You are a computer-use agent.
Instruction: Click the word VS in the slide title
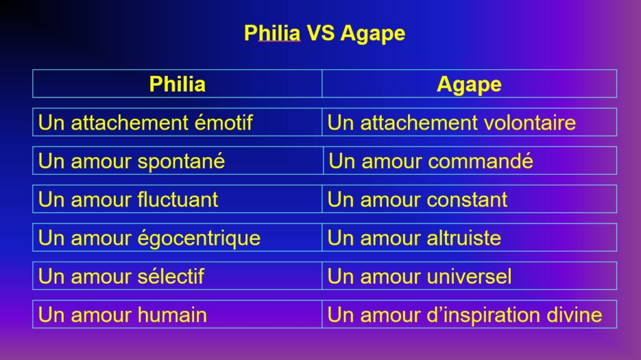(x=320, y=33)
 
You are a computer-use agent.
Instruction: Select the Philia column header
(x=177, y=85)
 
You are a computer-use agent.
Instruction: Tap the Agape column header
(x=469, y=85)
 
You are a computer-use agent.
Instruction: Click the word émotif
(x=223, y=122)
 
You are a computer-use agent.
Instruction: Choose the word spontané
(x=181, y=162)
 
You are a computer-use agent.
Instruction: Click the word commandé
(x=480, y=161)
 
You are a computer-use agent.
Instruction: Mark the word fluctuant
(x=177, y=199)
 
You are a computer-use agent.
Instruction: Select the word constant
(x=467, y=200)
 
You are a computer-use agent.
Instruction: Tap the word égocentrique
(x=198, y=239)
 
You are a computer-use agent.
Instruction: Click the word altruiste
(x=464, y=238)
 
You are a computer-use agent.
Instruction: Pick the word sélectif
(x=170, y=276)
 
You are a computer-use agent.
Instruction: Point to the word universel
(x=469, y=276)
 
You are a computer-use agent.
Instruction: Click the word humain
(x=172, y=314)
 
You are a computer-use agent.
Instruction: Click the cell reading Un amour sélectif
(x=177, y=276)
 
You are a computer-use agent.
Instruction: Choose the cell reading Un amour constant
(x=469, y=199)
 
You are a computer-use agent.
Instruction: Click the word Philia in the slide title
(x=272, y=33)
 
